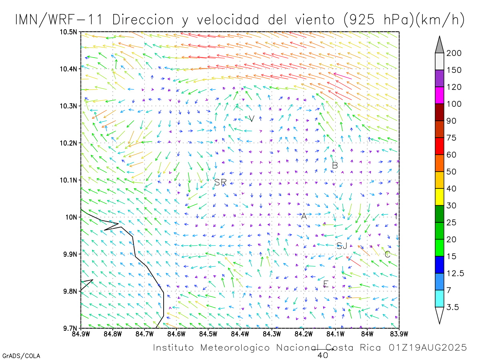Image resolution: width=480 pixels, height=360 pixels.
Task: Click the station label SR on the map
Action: click(x=220, y=182)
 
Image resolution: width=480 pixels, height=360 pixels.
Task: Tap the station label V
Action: click(x=252, y=118)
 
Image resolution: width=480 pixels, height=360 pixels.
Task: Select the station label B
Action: click(x=335, y=165)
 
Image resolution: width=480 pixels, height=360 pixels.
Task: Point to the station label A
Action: click(x=304, y=216)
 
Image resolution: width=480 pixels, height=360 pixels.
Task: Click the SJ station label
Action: click(x=342, y=246)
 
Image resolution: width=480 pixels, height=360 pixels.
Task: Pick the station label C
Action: click(x=387, y=254)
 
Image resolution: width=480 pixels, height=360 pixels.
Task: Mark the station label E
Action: click(x=326, y=284)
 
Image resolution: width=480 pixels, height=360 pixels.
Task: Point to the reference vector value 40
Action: click(x=322, y=355)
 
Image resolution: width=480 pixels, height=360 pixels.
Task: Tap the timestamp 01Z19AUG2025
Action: click(x=427, y=348)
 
